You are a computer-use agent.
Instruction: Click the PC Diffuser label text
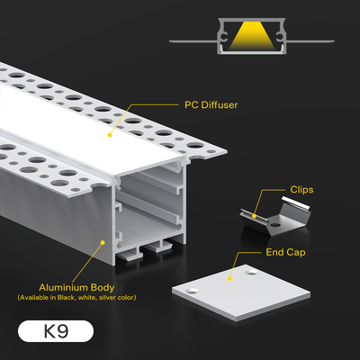(211, 105)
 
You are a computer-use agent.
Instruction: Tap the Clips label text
(301, 190)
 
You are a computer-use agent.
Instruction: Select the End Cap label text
(285, 252)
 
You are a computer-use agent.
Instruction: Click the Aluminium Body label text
(76, 288)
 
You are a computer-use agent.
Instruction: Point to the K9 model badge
(56, 331)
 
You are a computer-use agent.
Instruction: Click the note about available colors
(76, 298)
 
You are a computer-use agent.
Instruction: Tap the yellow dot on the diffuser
(110, 135)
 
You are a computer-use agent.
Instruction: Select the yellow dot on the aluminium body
(103, 242)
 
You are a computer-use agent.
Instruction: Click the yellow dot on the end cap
(229, 278)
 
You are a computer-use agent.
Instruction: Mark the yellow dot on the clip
(254, 216)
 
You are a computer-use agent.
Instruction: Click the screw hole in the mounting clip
(274, 224)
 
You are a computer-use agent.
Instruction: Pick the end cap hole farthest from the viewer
(251, 273)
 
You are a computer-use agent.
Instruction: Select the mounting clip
(275, 217)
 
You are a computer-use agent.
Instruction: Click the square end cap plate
(241, 292)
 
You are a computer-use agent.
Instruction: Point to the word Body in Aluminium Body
(103, 288)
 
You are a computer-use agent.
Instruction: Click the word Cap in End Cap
(296, 253)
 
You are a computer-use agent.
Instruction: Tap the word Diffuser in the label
(220, 105)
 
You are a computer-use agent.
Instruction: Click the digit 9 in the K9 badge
(62, 331)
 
